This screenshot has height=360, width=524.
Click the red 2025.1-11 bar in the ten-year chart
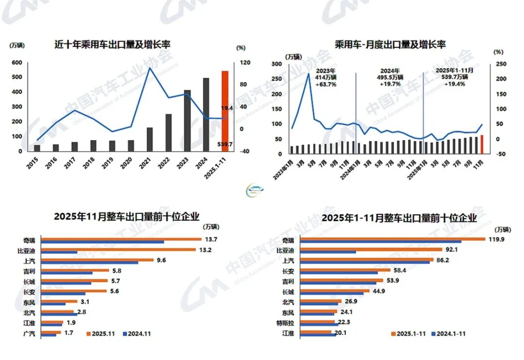tap(225, 111)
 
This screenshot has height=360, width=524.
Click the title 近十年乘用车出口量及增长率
tap(113, 45)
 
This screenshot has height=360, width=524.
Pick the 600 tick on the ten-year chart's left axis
tap(16, 63)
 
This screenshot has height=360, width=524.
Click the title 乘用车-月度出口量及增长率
tap(390, 45)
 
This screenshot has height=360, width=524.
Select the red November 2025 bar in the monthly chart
tap(481, 144)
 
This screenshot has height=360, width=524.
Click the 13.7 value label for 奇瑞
tap(212, 239)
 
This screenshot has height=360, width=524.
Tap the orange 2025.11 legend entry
tap(101, 334)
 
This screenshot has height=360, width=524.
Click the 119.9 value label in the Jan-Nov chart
tap(497, 239)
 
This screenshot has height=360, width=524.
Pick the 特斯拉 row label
tap(285, 322)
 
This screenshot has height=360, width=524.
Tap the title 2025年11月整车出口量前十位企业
tap(127, 217)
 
